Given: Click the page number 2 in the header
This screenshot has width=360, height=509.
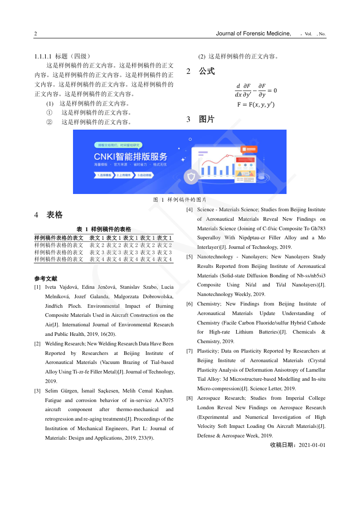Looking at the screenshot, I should pyautogui.click(x=35, y=34).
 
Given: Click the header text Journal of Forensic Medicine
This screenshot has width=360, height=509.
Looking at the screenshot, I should pyautogui.click(x=253, y=34).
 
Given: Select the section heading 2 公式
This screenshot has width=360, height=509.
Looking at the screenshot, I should pyautogui.click(x=200, y=72).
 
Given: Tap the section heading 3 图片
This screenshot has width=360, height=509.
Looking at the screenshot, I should pyautogui.click(x=200, y=120).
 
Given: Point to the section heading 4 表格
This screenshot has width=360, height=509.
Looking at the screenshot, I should pyautogui.click(x=49, y=215).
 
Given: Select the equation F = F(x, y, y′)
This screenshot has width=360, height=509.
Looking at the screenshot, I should pyautogui.click(x=256, y=105).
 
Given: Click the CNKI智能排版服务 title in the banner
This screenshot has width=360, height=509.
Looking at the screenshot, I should pyautogui.click(x=128, y=157).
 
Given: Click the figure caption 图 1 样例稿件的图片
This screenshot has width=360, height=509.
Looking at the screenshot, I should pyautogui.click(x=180, y=199).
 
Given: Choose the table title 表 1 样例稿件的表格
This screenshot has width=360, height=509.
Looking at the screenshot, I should pyautogui.click(x=104, y=229).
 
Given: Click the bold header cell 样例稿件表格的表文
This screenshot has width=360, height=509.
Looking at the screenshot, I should pyautogui.click(x=59, y=238).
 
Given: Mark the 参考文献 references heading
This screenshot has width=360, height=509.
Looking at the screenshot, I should pyautogui.click(x=45, y=278).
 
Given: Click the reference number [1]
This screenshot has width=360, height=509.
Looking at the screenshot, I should pyautogui.click(x=38, y=287).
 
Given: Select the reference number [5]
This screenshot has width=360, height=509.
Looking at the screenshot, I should pyautogui.click(x=190, y=257).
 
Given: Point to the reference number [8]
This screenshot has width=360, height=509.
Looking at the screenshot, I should pyautogui.click(x=190, y=398).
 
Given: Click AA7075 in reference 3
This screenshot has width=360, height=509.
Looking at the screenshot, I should pyautogui.click(x=164, y=400).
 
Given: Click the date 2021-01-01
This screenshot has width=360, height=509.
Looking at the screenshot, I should pyautogui.click(x=310, y=445).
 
